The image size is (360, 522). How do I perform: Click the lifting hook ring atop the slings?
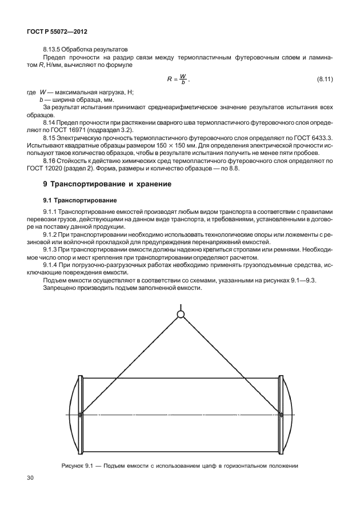181,314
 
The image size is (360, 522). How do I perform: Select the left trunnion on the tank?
81,414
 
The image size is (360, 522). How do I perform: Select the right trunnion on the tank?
280,414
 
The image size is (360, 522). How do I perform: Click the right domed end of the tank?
289,413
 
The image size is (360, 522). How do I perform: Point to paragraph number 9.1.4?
52,266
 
